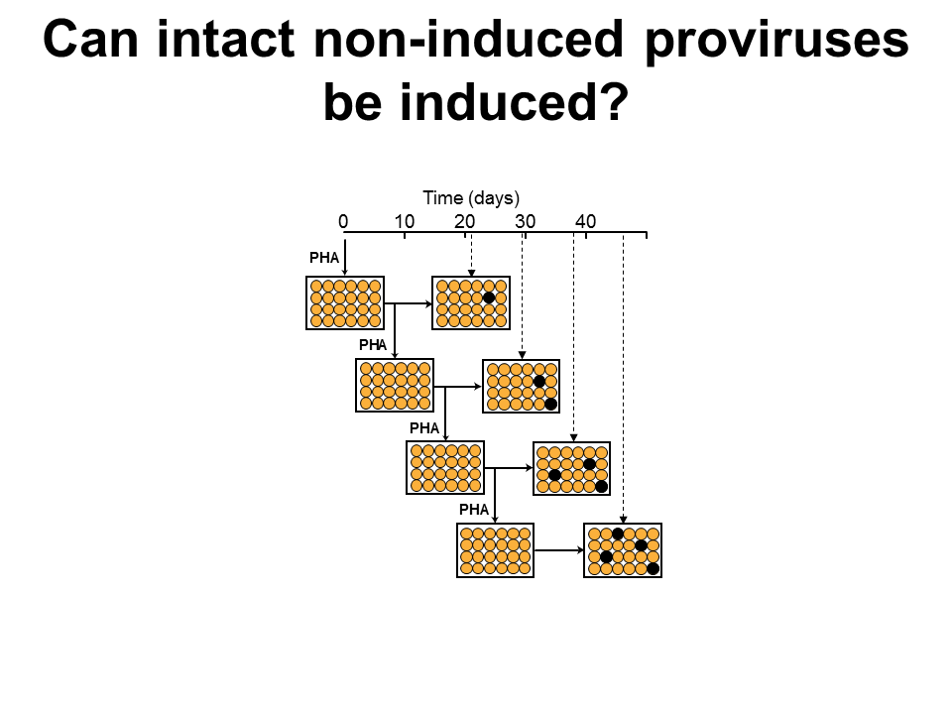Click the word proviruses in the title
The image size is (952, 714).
pos(776,40)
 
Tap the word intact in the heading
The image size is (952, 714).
pos(226,39)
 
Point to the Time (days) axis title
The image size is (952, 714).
pos(471,198)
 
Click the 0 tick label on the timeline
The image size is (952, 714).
pos(344,221)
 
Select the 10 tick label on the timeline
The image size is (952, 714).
pos(405,221)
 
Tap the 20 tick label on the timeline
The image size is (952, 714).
pos(464,221)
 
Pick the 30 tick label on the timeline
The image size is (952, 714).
pos(526,221)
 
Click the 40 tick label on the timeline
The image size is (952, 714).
pos(586,221)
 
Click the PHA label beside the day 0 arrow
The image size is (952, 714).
pos(323,258)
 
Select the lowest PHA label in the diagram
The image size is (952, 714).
pos(474,510)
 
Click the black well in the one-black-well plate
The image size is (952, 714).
pos(489,297)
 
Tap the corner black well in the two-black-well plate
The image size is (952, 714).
pos(550,405)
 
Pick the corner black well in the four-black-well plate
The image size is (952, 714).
pos(653,569)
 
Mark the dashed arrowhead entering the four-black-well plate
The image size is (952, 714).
pos(623,520)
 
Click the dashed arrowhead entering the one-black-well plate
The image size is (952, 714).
pos(471,274)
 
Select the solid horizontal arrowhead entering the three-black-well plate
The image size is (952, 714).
pos(530,468)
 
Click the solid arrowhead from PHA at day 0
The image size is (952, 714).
pos(345,273)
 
